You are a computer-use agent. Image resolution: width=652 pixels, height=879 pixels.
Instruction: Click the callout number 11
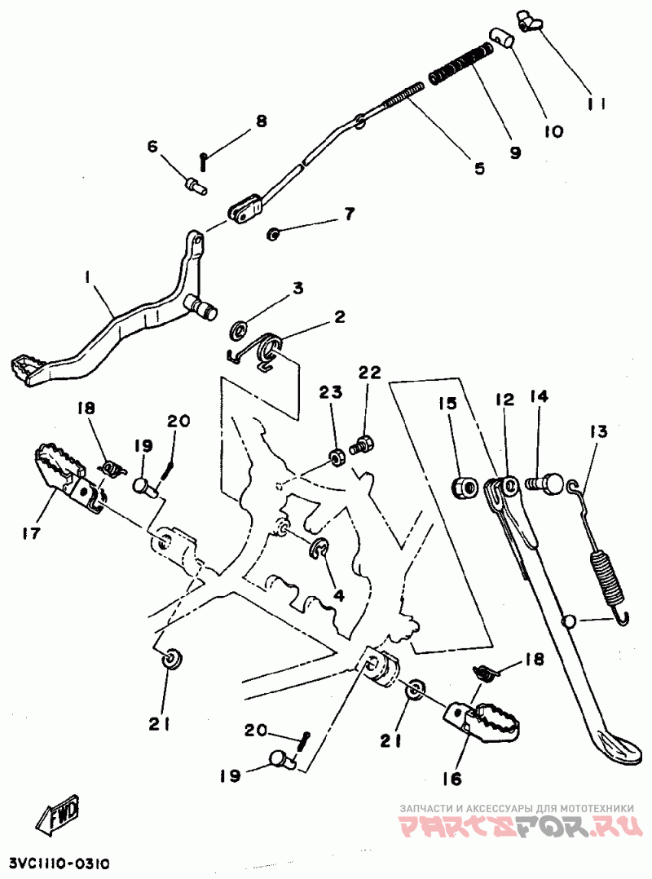[594, 104]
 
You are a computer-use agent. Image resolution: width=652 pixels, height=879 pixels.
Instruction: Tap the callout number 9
[516, 152]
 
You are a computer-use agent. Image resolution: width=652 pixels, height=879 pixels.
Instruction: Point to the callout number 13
[599, 431]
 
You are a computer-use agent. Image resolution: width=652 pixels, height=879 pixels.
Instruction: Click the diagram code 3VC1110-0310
[59, 863]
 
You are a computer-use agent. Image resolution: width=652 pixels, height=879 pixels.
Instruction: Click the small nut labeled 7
[274, 235]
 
